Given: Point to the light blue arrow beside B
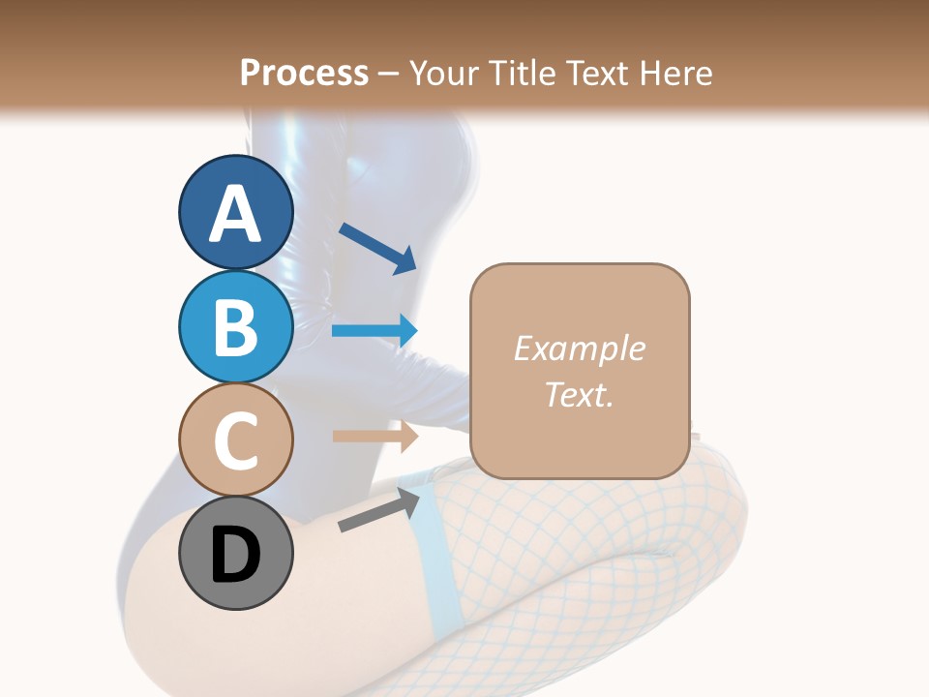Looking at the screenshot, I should (x=375, y=330).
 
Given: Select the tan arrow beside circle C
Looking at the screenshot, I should (x=375, y=436).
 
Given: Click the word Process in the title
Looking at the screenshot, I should (x=304, y=73).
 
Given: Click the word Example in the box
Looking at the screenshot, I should (x=579, y=348).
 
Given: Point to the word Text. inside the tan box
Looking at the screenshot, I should (x=579, y=394).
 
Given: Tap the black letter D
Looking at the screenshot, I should (x=235, y=557).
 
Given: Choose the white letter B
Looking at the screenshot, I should (x=235, y=327).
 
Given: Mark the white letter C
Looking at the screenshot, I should (x=235, y=440).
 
